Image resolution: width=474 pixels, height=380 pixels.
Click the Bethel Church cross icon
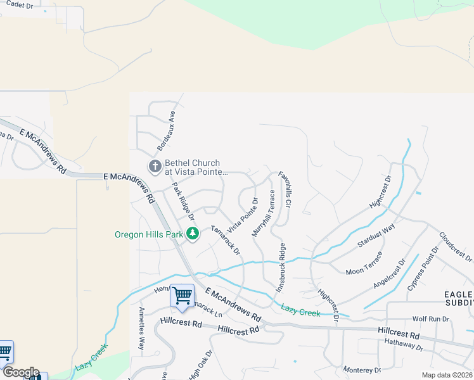(155, 167)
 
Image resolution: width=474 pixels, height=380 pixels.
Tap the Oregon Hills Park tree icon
(193, 234)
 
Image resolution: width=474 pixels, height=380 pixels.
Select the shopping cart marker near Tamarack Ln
(183, 295)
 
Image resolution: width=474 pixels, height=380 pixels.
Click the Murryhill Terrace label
(263, 212)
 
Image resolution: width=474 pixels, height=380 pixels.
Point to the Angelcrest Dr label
(388, 274)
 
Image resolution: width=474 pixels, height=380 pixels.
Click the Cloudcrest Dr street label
(455, 246)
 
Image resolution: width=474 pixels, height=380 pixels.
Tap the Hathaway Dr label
(403, 345)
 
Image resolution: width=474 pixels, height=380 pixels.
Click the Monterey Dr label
(361, 370)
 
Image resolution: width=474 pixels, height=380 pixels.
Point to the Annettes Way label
(141, 328)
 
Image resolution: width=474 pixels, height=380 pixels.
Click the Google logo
(20, 372)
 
